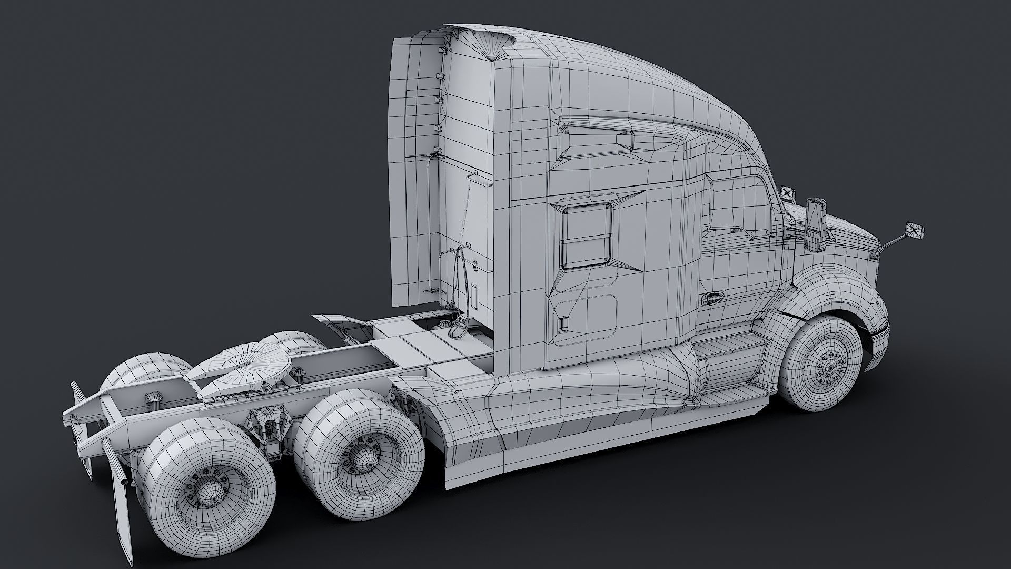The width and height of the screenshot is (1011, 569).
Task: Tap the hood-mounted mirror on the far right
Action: (x=914, y=231)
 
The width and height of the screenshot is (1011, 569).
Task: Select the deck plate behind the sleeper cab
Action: (x=421, y=342)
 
